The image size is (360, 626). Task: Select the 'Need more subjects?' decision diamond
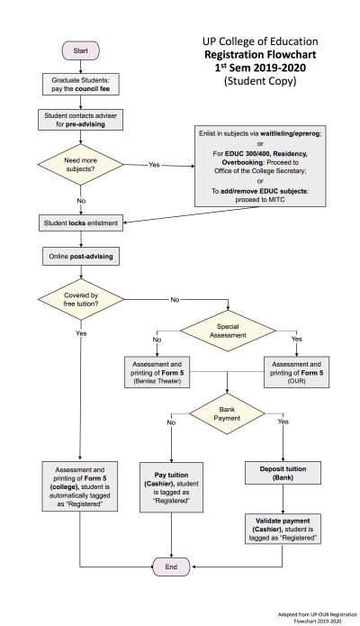79,164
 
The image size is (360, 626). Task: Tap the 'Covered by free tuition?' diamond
79,298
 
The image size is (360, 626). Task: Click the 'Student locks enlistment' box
79,222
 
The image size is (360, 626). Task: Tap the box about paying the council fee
79,85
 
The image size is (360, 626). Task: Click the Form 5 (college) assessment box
79,485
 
